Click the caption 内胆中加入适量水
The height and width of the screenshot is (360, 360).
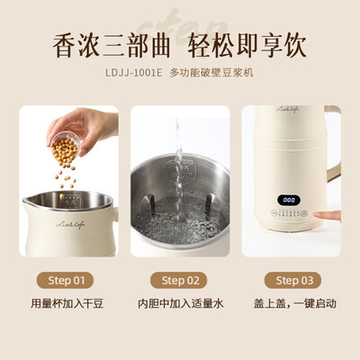click(180, 304)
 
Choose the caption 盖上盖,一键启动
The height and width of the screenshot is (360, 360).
click(290, 304)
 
